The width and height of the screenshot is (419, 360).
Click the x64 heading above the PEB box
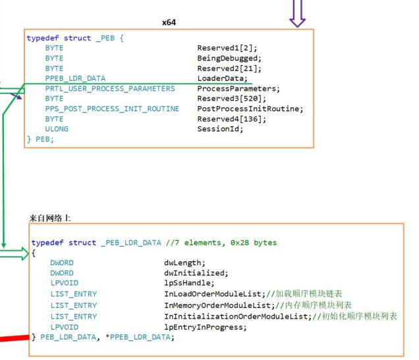click(169, 22)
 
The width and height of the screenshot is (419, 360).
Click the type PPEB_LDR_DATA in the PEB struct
click(75, 78)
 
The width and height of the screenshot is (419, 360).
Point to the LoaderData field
click(222, 78)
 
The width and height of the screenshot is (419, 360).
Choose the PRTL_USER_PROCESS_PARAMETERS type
click(110, 88)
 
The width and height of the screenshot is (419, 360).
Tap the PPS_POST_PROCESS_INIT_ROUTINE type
click(112, 109)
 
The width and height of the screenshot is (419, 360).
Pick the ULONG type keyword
click(57, 129)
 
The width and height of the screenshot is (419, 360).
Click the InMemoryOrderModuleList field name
click(217, 305)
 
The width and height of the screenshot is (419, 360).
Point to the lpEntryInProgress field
click(206, 327)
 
